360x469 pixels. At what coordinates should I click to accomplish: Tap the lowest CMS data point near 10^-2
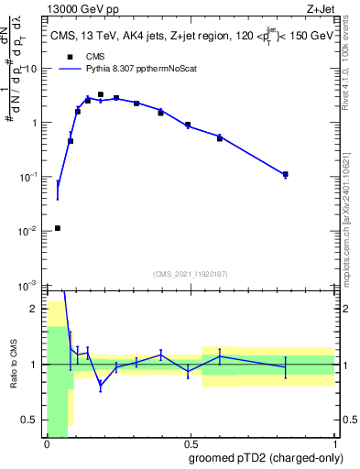coord(58,228)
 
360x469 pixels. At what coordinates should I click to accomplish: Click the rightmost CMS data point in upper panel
coord(286,174)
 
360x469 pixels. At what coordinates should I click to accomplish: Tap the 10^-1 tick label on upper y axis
coord(30,177)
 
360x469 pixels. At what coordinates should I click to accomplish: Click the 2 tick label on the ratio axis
coord(37,309)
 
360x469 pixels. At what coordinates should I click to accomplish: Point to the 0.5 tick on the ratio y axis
coord(32,420)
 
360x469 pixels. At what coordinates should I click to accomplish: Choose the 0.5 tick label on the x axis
coord(191,443)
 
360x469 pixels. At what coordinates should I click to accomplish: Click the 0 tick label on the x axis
coord(47,443)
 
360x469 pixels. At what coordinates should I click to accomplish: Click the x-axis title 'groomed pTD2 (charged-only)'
coord(265,457)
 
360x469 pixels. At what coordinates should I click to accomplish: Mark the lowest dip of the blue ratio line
coord(101,387)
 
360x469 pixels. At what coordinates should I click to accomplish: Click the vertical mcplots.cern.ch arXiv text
coord(353,211)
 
